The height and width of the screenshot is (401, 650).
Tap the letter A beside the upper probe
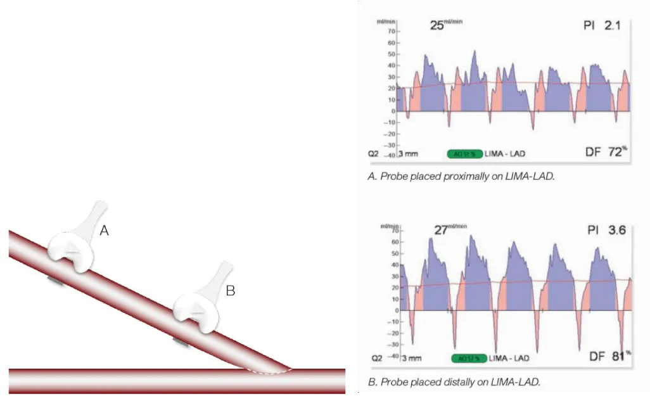(x=105, y=232)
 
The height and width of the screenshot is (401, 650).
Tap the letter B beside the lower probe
(x=231, y=291)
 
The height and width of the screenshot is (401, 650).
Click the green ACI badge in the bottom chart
(x=469, y=359)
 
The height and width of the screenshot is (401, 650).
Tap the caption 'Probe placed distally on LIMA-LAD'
(x=454, y=382)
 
